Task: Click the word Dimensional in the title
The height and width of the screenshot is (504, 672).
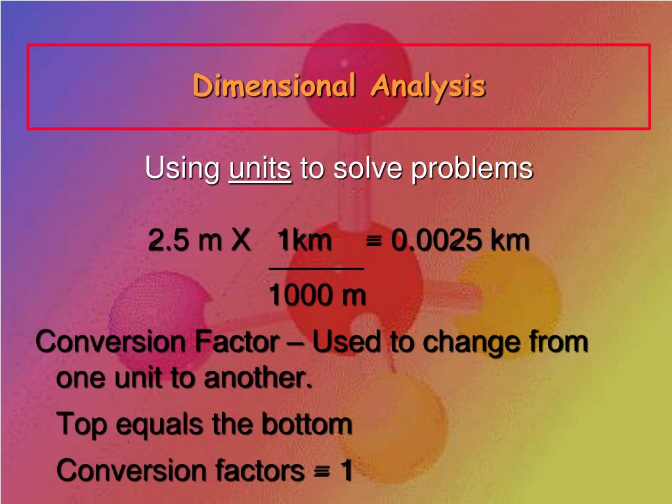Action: [x=274, y=86]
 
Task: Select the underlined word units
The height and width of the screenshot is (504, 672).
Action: [x=261, y=169]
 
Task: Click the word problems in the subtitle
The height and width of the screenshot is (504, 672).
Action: [x=472, y=169]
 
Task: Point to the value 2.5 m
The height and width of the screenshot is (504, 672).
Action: [x=185, y=241]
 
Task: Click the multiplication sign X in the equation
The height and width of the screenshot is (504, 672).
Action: [x=240, y=241]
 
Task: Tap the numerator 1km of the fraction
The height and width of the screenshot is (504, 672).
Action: [x=304, y=241]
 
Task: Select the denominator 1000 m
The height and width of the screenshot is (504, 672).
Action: [x=317, y=296]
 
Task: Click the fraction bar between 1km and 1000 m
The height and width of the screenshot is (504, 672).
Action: [x=316, y=268]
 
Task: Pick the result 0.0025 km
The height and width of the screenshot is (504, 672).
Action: [x=460, y=241]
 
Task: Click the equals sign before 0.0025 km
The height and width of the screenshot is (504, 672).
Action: [x=374, y=241]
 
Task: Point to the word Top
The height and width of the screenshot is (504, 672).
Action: [x=81, y=425]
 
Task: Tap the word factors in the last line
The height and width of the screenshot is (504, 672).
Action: [x=259, y=470]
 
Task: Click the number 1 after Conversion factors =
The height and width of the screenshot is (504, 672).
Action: [x=345, y=470]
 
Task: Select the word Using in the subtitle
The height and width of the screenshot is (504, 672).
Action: [x=182, y=169]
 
